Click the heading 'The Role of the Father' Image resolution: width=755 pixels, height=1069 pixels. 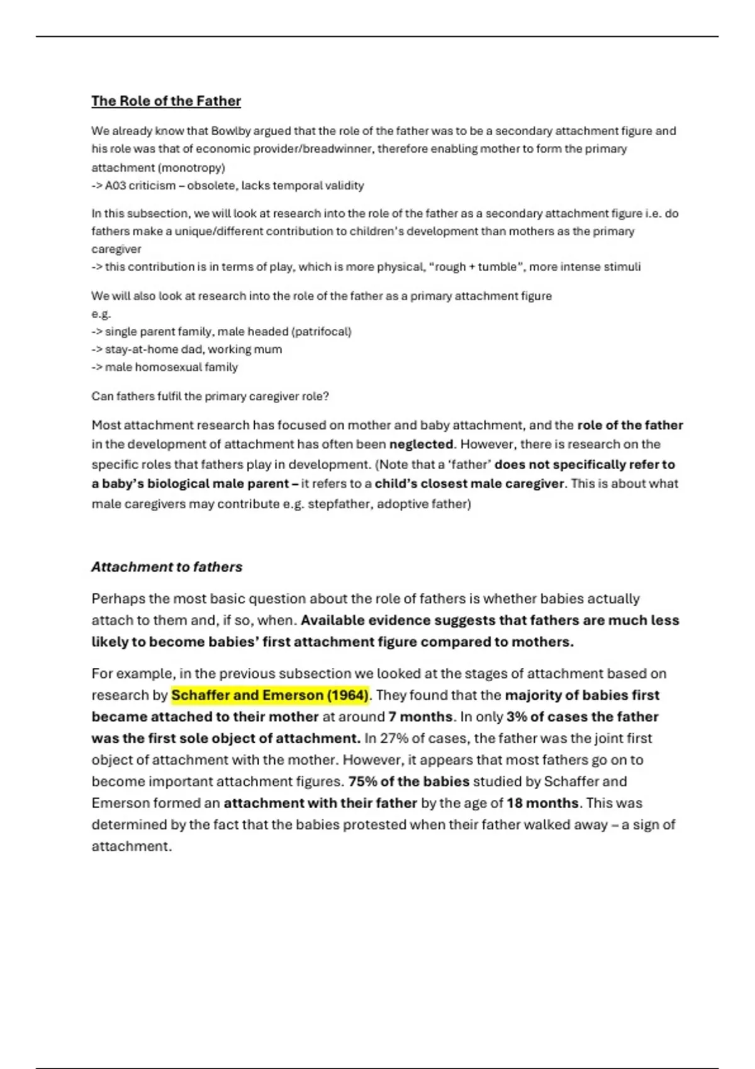[166, 101]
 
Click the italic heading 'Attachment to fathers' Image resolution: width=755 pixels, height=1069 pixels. [167, 567]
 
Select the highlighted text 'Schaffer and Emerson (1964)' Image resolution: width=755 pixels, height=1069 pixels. [269, 695]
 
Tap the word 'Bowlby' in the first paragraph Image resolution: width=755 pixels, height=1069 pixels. [232, 131]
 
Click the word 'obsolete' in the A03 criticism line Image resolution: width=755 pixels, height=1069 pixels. [211, 186]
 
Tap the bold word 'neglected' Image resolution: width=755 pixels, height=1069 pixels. [421, 445]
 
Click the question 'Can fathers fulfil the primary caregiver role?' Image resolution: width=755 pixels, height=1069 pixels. [210, 397]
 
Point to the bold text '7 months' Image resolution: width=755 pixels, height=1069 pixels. [420, 717]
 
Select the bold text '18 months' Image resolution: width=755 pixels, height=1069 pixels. [542, 803]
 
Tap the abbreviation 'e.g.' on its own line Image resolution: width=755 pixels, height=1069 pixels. [101, 314]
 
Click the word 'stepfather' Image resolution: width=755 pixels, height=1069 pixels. [338, 504]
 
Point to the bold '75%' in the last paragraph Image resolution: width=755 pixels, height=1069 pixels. [362, 782]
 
